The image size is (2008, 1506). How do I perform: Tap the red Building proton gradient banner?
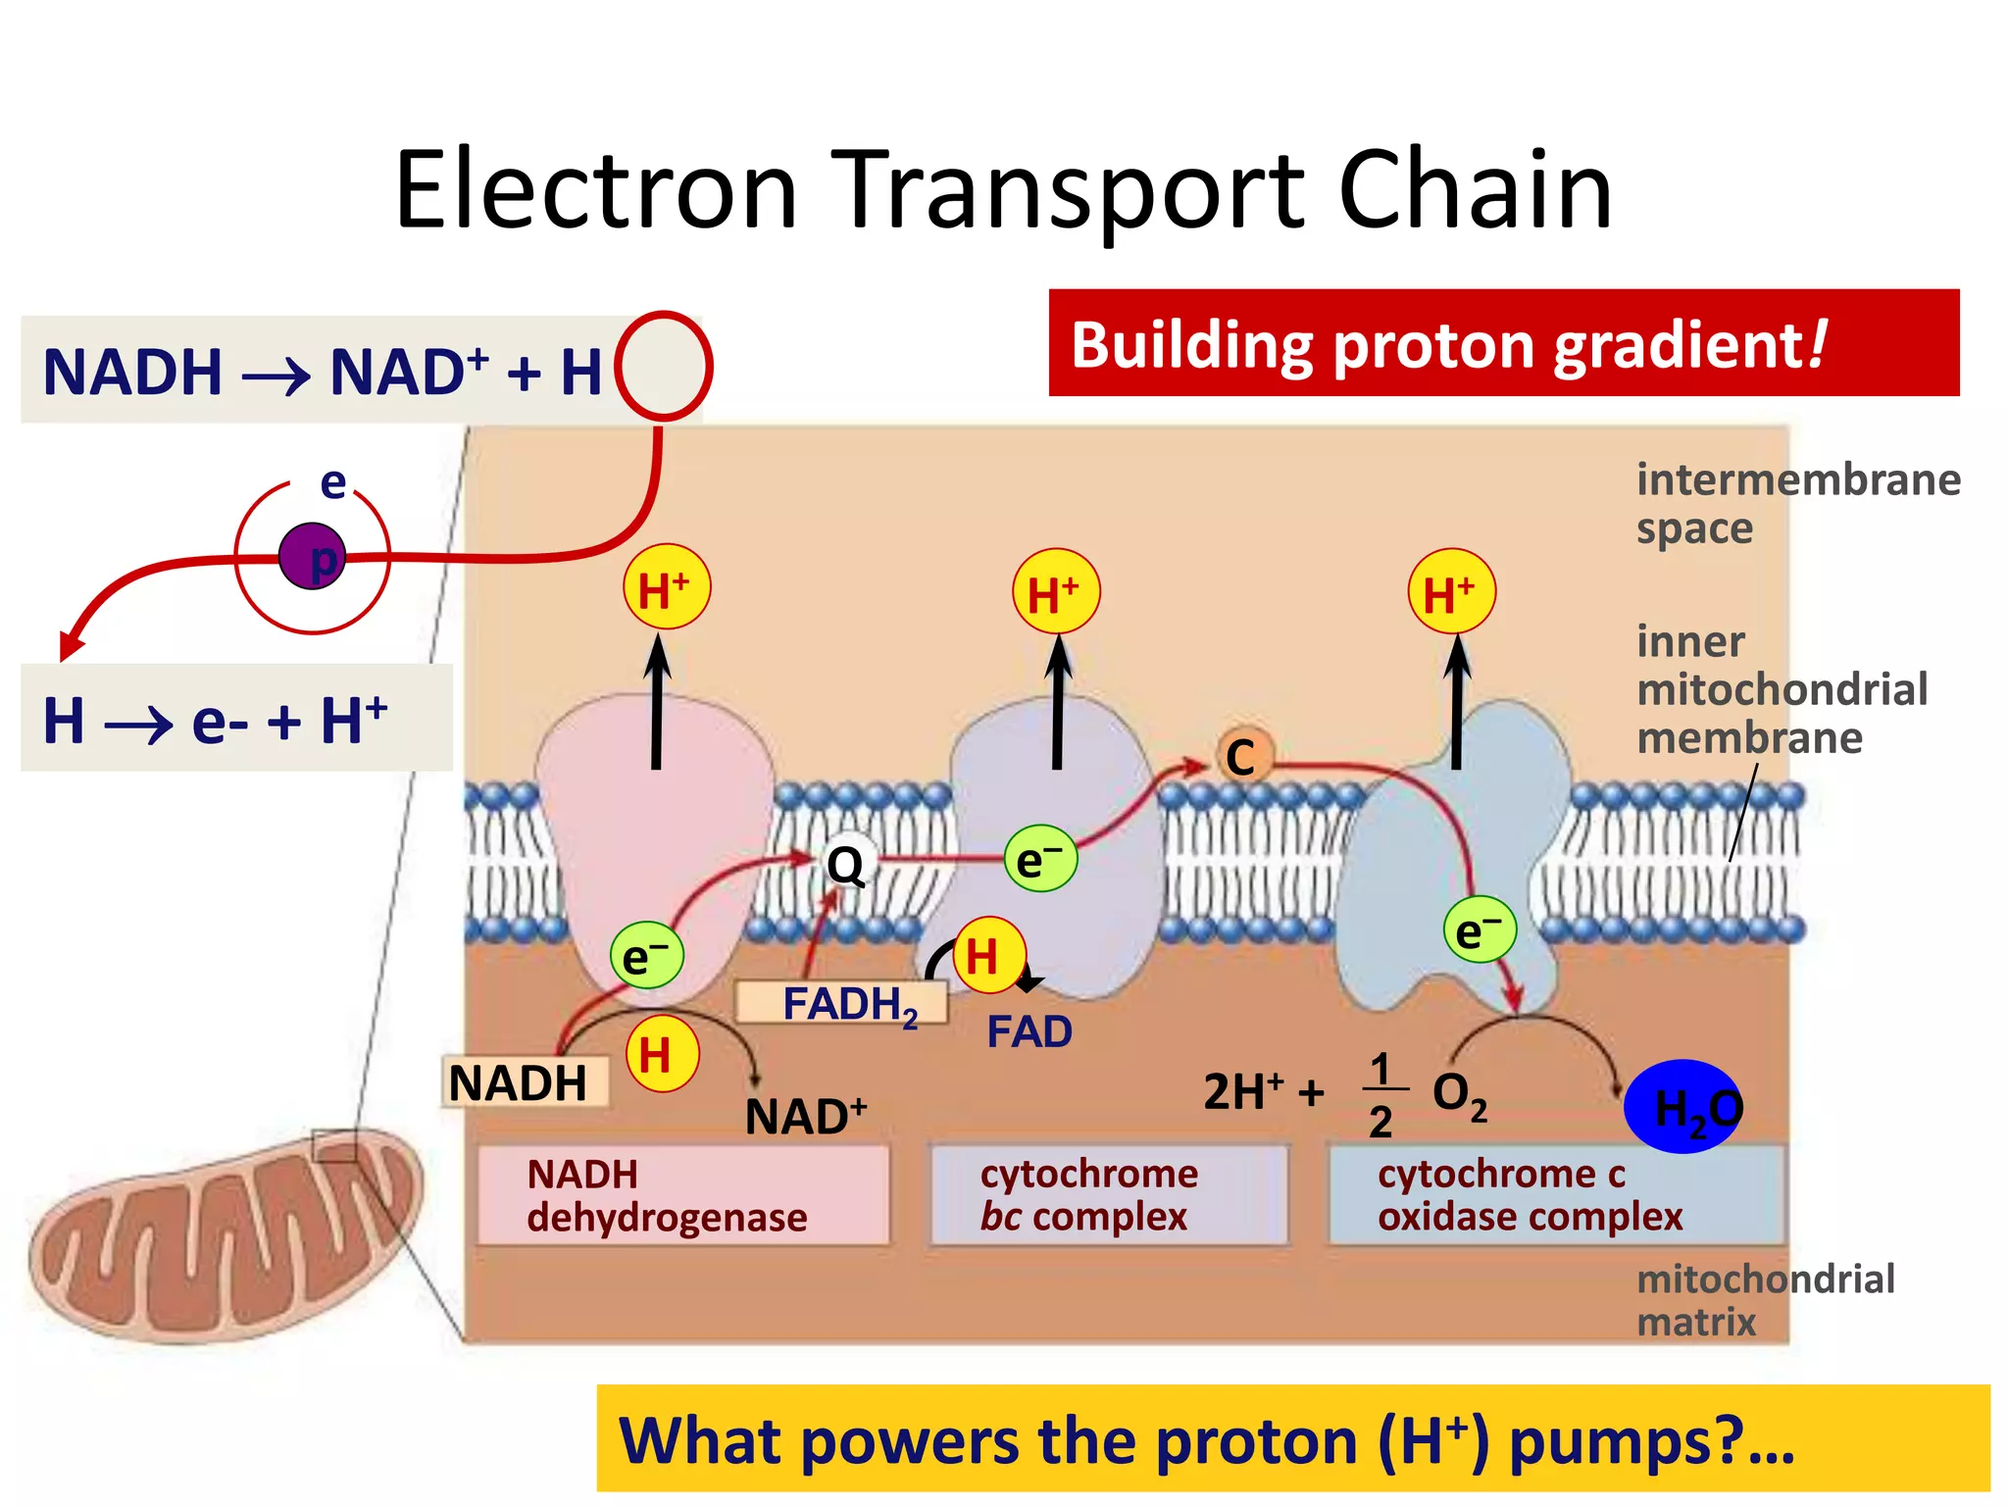[1503, 343]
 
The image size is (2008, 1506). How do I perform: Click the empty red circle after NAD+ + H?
[664, 366]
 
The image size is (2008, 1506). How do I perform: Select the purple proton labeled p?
[313, 556]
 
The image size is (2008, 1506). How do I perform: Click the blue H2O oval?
[1683, 1106]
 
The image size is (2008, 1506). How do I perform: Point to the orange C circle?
[1243, 756]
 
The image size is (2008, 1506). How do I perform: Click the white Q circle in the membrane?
[845, 864]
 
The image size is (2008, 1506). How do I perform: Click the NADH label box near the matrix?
[524, 1082]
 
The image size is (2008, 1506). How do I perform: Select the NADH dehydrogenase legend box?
[683, 1195]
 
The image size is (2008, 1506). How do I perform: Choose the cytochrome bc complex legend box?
[1109, 1195]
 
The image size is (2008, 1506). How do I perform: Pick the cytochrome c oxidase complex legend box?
[1555, 1195]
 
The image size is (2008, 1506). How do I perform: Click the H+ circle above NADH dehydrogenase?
[667, 588]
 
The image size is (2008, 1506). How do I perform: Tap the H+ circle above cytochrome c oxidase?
[1451, 592]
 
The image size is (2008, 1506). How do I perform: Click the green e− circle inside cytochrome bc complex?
[1040, 859]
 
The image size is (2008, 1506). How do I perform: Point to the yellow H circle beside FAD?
[988, 954]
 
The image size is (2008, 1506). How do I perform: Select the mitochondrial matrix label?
[1765, 1300]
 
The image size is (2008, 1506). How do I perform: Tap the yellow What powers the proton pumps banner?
[1292, 1438]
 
